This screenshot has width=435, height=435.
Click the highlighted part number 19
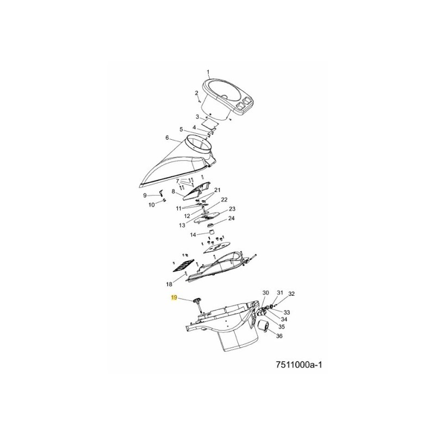174,297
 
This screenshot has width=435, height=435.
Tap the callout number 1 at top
208,71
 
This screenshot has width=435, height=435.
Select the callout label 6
167,138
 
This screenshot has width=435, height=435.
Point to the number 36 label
279,336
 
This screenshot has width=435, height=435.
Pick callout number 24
231,219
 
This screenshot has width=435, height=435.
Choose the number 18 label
169,284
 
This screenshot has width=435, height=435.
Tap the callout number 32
291,294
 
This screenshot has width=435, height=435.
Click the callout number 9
145,195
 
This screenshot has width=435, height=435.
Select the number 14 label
193,235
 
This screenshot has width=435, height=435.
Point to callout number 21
217,190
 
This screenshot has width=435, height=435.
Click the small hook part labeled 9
161,192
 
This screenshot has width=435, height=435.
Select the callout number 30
265,293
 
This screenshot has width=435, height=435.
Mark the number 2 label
196,93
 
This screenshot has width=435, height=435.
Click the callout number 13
182,225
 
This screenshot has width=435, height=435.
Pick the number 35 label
281,327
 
